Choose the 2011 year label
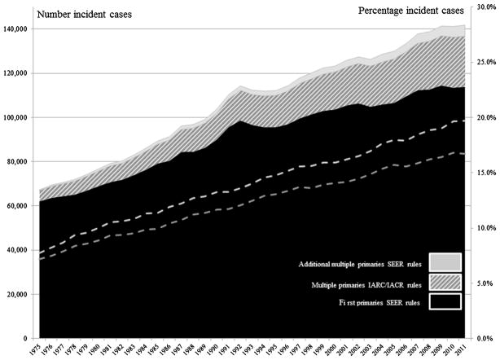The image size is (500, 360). [462, 350]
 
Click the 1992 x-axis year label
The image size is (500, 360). [240, 350]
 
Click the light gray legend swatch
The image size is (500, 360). [444, 261]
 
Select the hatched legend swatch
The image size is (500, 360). [444, 282]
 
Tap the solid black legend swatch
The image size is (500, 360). [444, 302]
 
